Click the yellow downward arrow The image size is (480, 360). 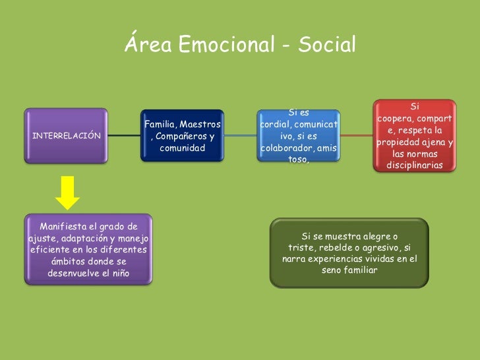[67, 192]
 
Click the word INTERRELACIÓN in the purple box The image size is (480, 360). [67, 136]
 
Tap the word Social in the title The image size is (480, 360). [327, 45]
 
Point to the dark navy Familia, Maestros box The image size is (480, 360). [182, 136]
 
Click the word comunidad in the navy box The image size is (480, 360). [182, 148]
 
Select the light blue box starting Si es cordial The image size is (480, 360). [299, 136]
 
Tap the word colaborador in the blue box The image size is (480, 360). [289, 148]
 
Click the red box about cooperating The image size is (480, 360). [414, 136]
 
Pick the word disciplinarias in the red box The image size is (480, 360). [414, 165]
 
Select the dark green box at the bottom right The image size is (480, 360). [349, 253]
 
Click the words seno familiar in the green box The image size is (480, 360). [349, 270]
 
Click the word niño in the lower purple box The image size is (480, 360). [117, 273]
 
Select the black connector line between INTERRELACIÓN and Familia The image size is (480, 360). [124, 136]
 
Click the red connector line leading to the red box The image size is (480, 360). [357, 135]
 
